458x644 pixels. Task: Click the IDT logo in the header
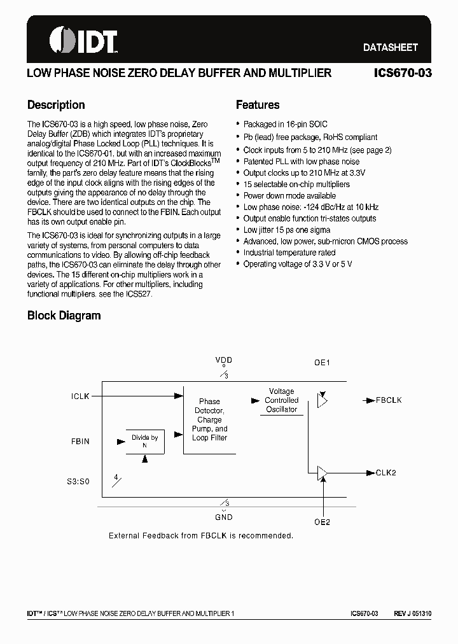point(83,41)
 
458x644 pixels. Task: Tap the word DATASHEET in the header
point(390,48)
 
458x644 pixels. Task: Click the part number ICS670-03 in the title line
point(403,73)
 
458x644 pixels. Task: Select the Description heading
point(56,105)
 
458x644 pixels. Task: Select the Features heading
point(258,105)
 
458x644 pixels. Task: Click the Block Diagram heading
point(64,316)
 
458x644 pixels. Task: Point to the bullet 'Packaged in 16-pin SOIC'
point(285,125)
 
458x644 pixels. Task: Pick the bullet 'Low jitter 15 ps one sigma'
point(287,230)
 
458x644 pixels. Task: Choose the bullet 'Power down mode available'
point(289,195)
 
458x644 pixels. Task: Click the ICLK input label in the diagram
point(80,396)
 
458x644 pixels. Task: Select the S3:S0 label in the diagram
point(78,482)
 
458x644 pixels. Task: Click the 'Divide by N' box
point(145,441)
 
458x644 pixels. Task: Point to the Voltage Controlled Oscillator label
point(281,400)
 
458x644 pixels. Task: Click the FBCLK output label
point(389,400)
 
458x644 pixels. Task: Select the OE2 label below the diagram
point(323,522)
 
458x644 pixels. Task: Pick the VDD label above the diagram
point(224,360)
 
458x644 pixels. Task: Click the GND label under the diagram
point(224,518)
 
